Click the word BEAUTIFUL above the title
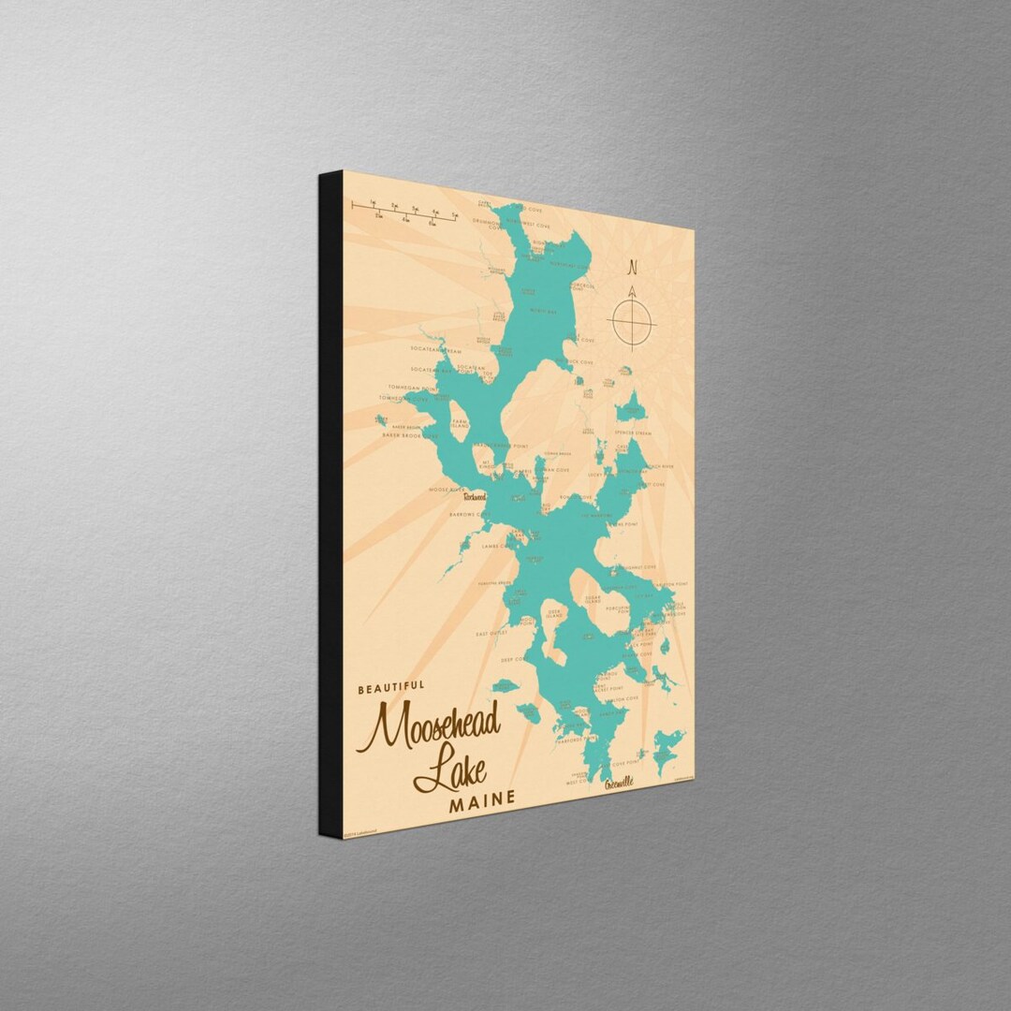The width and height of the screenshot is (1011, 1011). tap(391, 688)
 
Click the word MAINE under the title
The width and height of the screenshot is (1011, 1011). tap(481, 800)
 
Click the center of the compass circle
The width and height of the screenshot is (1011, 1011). tap(632, 323)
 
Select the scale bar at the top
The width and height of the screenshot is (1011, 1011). tap(403, 211)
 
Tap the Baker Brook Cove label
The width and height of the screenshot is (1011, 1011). tap(409, 435)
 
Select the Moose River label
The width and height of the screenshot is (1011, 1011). tap(446, 489)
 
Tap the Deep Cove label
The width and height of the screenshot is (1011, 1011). tap(517, 660)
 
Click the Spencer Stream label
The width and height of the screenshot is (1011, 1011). tap(632, 433)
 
